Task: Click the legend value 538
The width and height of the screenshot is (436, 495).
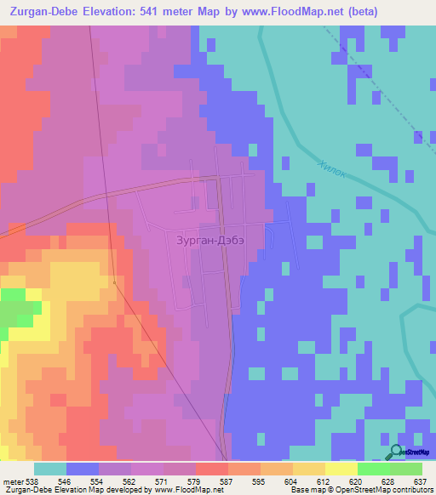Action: pyautogui.click(x=33, y=481)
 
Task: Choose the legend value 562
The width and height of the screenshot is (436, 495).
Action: pyautogui.click(x=129, y=481)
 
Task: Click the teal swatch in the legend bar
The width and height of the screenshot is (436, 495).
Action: pyautogui.click(x=50, y=469)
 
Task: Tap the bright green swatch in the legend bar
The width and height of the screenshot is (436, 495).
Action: pyautogui.click(x=374, y=469)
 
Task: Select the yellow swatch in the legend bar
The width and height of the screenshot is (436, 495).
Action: pyautogui.click(x=341, y=469)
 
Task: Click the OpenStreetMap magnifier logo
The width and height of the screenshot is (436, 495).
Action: pyautogui.click(x=396, y=452)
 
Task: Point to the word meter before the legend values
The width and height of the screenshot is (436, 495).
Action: pyautogui.click(x=13, y=481)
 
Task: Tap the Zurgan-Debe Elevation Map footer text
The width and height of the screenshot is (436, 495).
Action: pyautogui.click(x=53, y=490)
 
